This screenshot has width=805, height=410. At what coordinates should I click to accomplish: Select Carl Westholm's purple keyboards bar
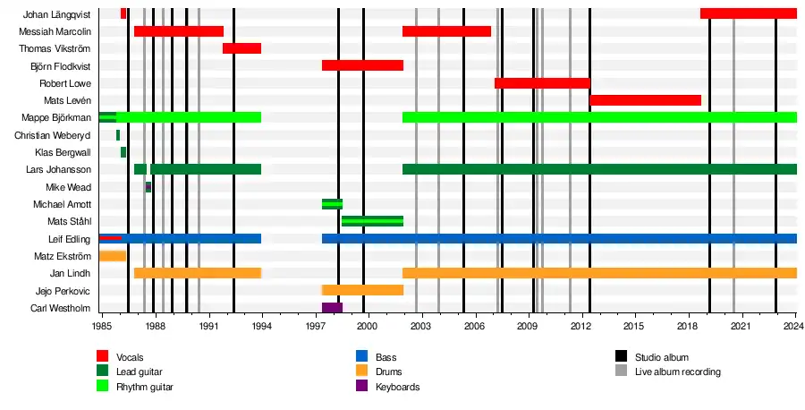click(332, 308)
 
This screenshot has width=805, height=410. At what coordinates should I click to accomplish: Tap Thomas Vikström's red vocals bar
click(241, 48)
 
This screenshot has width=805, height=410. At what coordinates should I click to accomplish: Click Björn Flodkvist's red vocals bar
click(362, 65)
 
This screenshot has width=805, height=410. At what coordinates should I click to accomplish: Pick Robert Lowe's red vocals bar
click(542, 83)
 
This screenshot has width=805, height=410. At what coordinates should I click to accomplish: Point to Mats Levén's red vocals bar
click(645, 100)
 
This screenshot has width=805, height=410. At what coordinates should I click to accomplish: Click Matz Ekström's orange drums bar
click(112, 256)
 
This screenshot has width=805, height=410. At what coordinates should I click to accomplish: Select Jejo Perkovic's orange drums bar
click(362, 290)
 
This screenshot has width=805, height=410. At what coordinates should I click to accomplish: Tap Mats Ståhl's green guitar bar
click(372, 221)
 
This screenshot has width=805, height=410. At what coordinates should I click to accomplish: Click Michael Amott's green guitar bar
click(332, 204)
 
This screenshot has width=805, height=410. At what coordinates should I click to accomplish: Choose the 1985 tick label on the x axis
click(101, 329)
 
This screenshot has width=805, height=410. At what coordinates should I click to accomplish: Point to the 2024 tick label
click(796, 329)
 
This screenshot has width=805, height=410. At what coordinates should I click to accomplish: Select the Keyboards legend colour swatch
click(362, 387)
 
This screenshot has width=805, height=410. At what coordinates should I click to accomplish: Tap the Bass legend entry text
click(386, 358)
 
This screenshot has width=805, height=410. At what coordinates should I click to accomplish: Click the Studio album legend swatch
click(622, 358)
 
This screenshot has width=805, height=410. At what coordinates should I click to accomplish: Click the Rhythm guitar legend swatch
click(103, 387)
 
